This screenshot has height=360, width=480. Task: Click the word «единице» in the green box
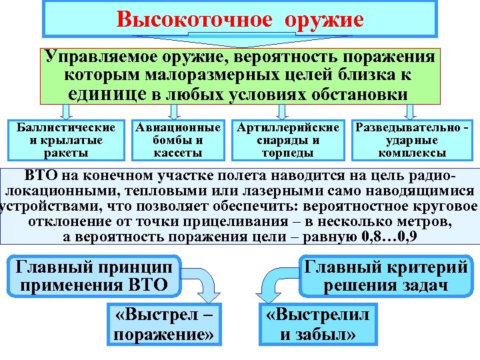click(x=108, y=93)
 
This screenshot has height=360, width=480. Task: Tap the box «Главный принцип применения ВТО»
click(x=98, y=276)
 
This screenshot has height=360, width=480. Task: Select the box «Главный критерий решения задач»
click(x=385, y=276)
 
